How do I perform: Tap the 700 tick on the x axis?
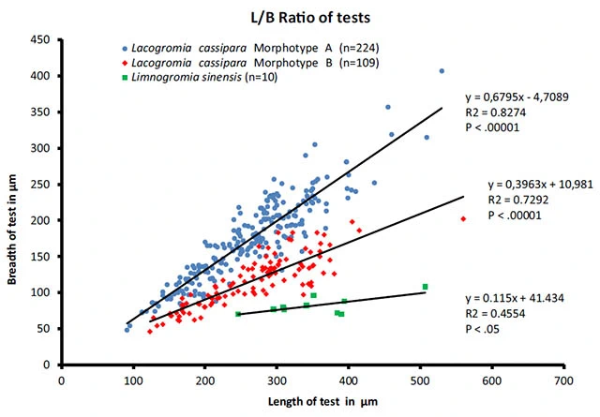click(563, 380)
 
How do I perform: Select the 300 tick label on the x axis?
click(277, 380)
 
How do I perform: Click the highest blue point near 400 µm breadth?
click(442, 71)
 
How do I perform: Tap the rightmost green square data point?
click(426, 287)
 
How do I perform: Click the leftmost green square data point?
click(238, 314)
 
